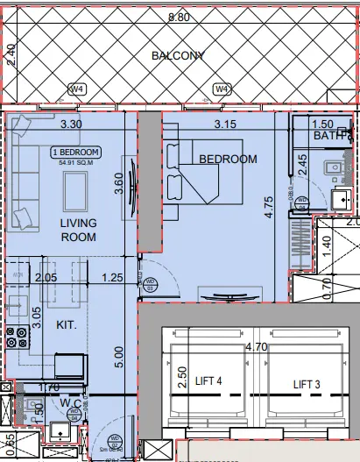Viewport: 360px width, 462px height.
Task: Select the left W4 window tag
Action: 77,89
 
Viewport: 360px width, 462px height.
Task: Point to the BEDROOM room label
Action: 228,159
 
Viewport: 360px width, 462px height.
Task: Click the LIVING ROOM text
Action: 78,231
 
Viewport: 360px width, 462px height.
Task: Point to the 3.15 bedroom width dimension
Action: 226,124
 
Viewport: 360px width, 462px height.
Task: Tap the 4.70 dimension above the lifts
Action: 257,347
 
